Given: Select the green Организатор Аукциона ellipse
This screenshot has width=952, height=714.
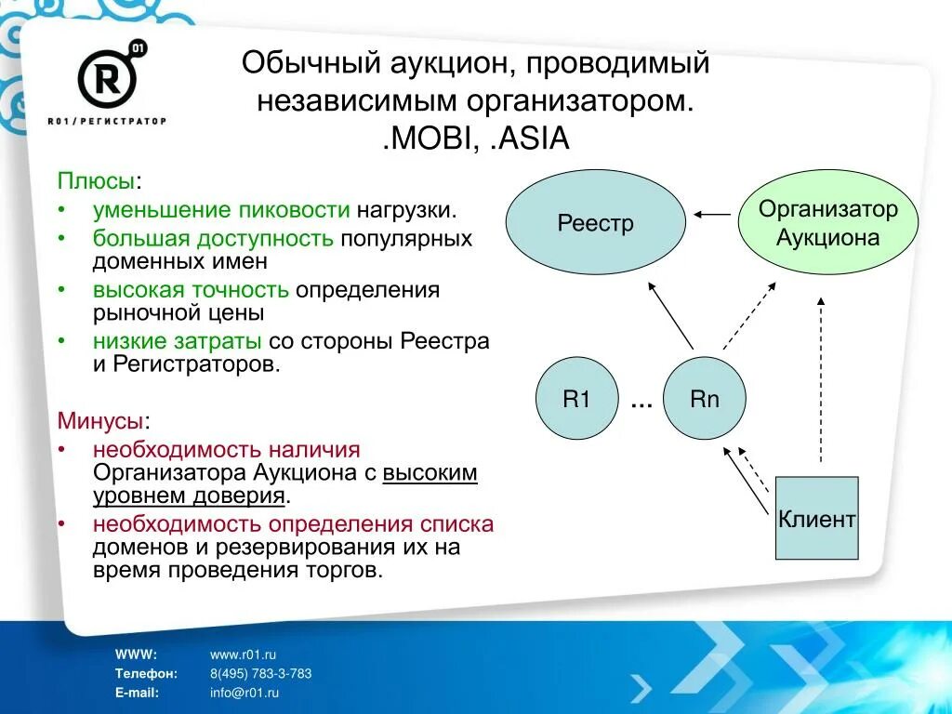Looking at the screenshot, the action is click(827, 223).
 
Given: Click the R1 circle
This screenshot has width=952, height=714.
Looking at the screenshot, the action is click(576, 400).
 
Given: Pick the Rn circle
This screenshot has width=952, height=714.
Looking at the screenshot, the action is click(705, 400).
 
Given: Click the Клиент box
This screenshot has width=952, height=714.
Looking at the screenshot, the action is click(816, 518).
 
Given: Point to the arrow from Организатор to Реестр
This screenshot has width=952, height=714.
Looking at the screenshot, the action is click(712, 215).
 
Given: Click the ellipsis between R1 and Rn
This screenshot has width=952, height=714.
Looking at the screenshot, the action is click(641, 403).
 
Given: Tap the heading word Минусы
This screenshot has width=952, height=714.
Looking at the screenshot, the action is click(99, 421).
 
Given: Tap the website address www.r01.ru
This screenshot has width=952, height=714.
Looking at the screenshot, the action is click(243, 654).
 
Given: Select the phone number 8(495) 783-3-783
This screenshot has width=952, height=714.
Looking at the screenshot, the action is click(260, 673).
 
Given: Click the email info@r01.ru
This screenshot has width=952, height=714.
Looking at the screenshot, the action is click(245, 692).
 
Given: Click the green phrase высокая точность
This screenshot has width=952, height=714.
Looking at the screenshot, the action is click(191, 290).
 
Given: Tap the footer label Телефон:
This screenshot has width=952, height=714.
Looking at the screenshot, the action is click(145, 673).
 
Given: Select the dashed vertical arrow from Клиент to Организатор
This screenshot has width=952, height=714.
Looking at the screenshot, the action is click(820, 381).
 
